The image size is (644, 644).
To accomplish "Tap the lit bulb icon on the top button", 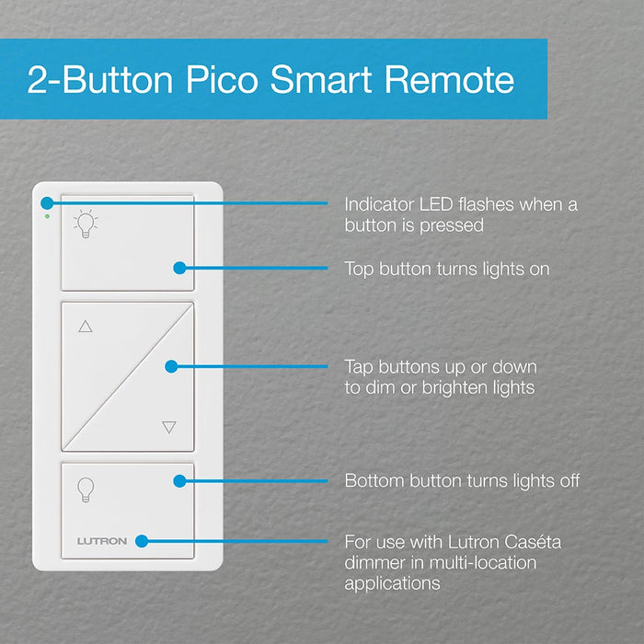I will (x=86, y=224).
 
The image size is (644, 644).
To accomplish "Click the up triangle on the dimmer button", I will (x=86, y=326).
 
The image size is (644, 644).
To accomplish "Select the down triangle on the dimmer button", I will (x=168, y=427).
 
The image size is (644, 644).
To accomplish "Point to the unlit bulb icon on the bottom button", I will (x=86, y=489).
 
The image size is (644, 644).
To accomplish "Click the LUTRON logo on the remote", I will (x=101, y=541).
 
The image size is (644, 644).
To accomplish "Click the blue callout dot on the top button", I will (x=179, y=269).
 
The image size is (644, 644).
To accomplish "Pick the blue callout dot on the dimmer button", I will (x=171, y=366).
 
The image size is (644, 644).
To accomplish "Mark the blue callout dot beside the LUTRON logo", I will (x=144, y=541).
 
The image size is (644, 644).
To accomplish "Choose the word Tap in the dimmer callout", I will (x=360, y=366).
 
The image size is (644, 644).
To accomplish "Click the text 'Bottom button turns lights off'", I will (x=462, y=480).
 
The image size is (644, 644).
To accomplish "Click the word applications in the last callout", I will (x=393, y=583).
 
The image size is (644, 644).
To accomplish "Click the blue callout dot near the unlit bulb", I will (x=179, y=480).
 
